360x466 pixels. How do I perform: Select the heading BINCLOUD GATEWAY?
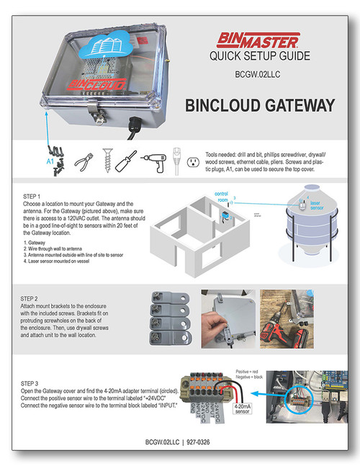click(259, 106)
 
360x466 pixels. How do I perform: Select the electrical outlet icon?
click(192, 161)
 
